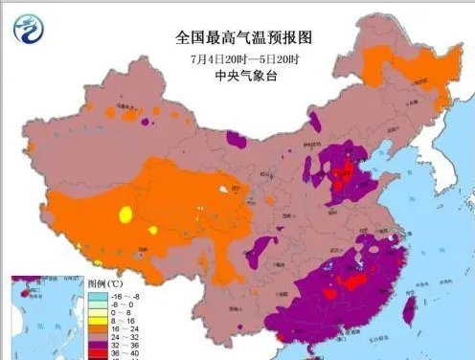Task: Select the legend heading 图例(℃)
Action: (104, 284)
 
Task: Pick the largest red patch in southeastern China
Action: (356, 283)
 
